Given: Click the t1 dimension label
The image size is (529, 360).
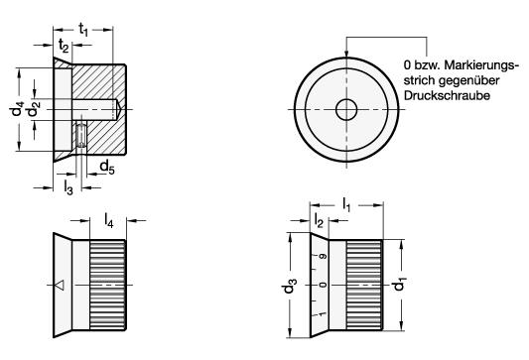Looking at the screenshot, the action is (x=83, y=30).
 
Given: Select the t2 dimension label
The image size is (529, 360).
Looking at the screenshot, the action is (x=64, y=46).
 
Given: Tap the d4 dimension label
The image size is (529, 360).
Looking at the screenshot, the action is (x=16, y=109).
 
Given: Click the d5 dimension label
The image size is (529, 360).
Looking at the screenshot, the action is (x=107, y=168).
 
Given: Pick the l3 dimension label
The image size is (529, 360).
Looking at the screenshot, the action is (x=68, y=187).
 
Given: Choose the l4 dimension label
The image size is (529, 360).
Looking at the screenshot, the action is (x=108, y=221).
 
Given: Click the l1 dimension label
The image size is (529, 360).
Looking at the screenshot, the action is (x=346, y=204).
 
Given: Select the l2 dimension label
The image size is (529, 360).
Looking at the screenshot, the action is (x=319, y=221).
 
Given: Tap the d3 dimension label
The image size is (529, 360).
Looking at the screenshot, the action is (x=290, y=286).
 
